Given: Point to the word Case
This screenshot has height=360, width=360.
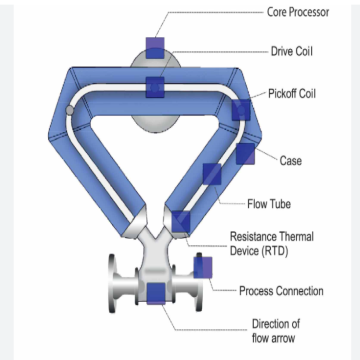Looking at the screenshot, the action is pos(291,160).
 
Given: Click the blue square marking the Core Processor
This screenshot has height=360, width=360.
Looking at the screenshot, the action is pos(155,46).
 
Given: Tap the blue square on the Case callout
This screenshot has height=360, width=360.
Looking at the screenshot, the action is pos(246,153).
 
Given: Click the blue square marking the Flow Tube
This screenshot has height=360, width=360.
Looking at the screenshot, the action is pos(211,175).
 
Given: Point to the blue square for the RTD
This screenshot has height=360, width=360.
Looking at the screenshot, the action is pos(181,221).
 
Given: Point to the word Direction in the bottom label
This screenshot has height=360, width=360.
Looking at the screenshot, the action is pos(273,323).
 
